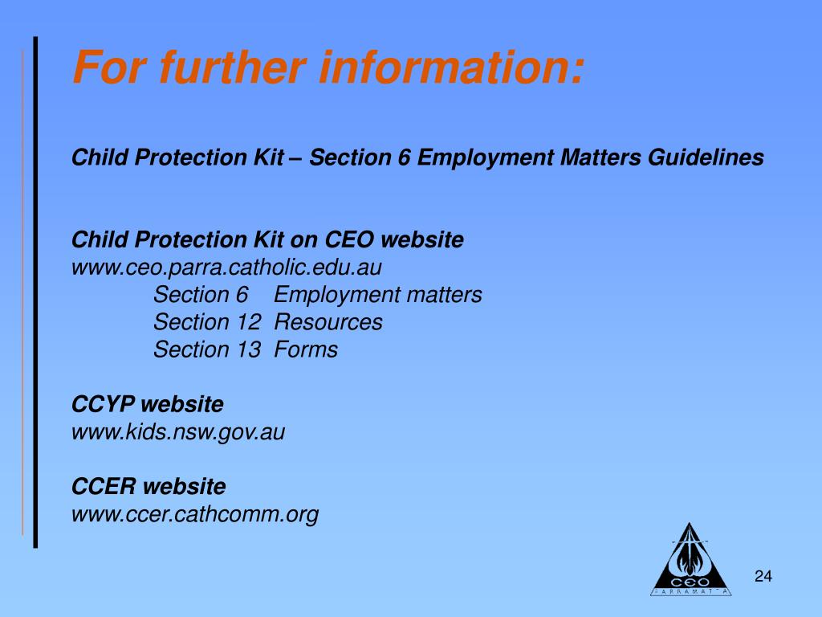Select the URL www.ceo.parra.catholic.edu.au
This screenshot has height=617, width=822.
click(227, 268)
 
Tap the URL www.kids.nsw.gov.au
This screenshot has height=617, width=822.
click(178, 432)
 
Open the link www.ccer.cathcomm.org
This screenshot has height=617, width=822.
click(195, 514)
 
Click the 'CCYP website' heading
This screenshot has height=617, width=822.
click(148, 404)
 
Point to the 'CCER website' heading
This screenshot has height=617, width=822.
click(149, 487)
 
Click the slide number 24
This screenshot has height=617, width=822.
click(763, 576)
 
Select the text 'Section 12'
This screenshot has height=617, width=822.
click(207, 322)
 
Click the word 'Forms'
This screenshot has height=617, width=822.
click(306, 349)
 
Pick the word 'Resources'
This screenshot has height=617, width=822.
click(328, 322)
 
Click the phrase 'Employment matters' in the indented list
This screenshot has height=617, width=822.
click(378, 295)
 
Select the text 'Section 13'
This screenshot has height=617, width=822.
click(207, 349)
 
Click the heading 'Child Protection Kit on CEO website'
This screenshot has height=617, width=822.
click(267, 240)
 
